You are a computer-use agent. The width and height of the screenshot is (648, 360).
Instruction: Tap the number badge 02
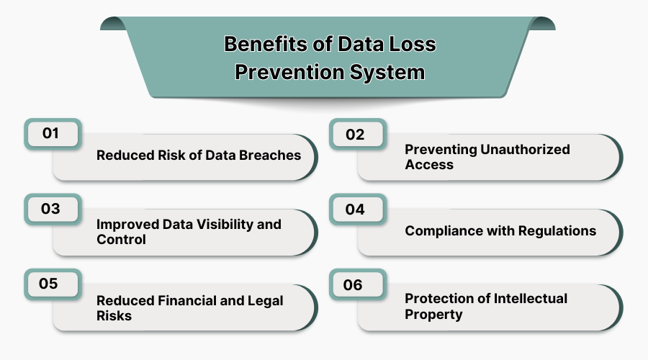coord(356,135)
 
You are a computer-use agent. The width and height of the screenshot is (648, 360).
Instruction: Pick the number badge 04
coord(356,210)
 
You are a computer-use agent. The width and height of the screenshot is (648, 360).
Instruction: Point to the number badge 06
coord(354,284)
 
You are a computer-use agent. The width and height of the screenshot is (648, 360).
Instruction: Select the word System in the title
coord(390,73)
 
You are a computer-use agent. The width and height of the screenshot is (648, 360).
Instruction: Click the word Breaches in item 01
coord(269,156)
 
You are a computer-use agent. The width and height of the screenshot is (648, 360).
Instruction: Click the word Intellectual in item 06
coord(526,298)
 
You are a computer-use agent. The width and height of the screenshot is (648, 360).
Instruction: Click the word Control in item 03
coord(121,239)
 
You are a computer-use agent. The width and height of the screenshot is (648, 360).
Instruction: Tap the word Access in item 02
coord(429,164)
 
